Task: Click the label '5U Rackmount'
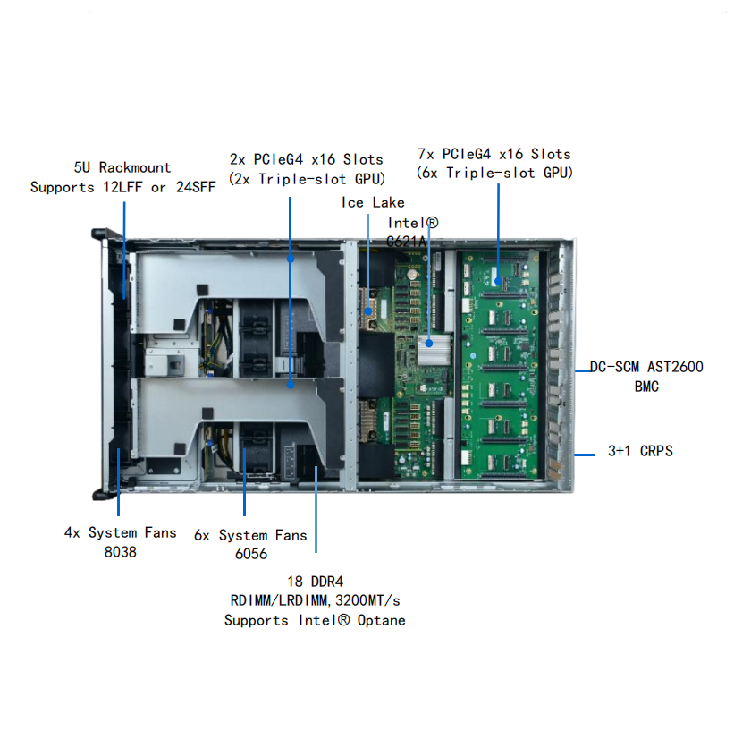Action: click(x=122, y=167)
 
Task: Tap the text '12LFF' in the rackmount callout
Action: click(x=122, y=187)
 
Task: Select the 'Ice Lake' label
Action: click(x=373, y=202)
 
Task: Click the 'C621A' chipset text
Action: click(x=406, y=242)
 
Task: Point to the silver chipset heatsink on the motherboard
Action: click(x=434, y=349)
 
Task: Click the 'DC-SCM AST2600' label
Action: click(x=646, y=367)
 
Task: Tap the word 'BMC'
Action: click(x=646, y=387)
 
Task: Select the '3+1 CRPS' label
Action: click(x=640, y=451)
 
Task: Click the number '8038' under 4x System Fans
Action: click(x=121, y=552)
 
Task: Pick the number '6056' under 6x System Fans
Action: click(x=251, y=554)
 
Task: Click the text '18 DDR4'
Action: click(x=315, y=582)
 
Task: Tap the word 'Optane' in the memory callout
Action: click(x=381, y=620)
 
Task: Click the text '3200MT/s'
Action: click(x=368, y=600)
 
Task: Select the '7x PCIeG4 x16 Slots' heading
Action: click(x=494, y=154)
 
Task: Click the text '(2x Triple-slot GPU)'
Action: click(x=307, y=179)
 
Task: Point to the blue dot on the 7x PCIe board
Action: click(x=498, y=282)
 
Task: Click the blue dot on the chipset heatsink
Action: click(x=429, y=344)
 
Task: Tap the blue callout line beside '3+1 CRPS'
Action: click(x=585, y=454)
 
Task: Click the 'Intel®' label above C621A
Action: click(x=413, y=223)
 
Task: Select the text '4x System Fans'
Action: click(x=121, y=532)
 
